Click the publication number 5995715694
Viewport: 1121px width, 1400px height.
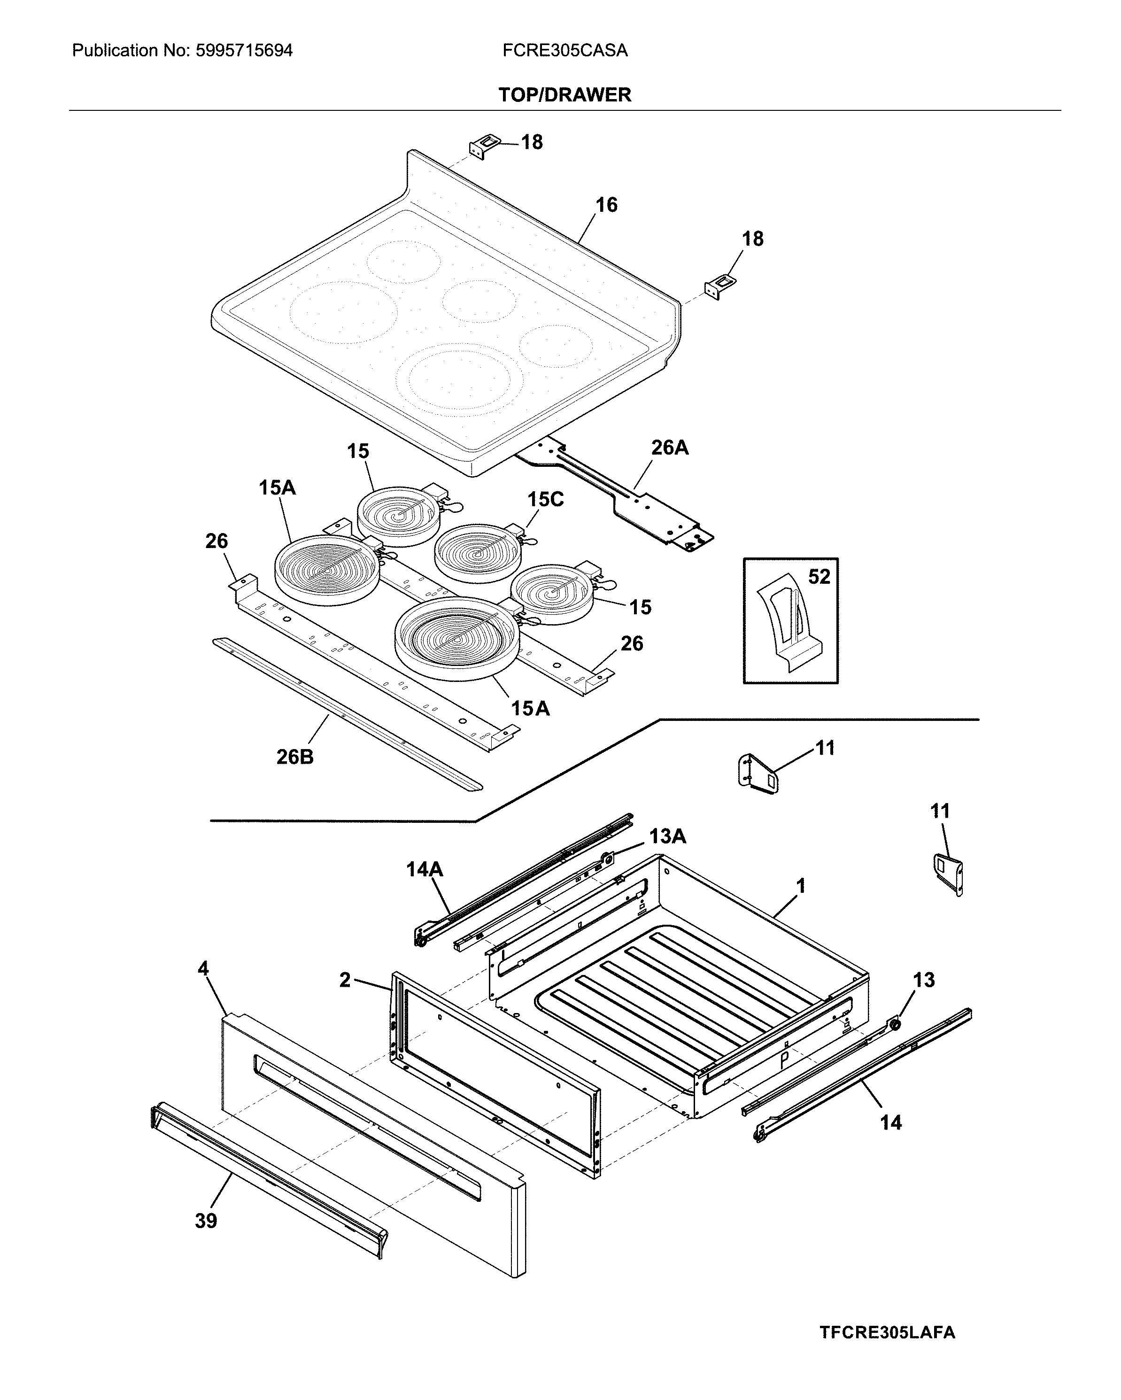pos(244,51)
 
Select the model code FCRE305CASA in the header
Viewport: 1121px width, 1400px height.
pos(564,51)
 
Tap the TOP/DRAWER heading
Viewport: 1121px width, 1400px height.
pos(564,95)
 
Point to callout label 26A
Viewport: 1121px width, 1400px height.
pos(670,448)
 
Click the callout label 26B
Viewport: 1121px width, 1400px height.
pos(295,757)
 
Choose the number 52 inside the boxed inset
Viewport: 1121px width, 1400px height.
pos(819,577)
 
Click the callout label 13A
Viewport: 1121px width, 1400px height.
pos(667,836)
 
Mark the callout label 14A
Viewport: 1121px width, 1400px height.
pos(424,869)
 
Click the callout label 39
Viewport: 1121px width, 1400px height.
pos(206,1221)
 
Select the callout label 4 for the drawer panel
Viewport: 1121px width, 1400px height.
pos(203,969)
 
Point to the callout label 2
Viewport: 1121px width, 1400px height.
pos(345,980)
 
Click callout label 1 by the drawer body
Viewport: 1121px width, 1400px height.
pos(801,886)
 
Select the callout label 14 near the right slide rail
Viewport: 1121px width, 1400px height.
pos(890,1122)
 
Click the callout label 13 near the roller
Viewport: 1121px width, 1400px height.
pos(924,980)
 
